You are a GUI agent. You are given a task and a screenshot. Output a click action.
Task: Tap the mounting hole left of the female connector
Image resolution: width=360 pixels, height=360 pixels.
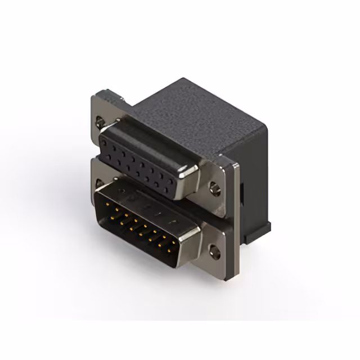pos(100,120)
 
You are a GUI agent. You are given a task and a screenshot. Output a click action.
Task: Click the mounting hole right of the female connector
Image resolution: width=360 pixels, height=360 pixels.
pos(214,184)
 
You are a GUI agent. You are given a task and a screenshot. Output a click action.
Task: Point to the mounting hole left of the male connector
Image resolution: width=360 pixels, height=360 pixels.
pos(99,184)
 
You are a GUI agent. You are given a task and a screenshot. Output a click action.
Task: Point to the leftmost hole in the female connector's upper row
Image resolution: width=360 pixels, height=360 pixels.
pos(106,142)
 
